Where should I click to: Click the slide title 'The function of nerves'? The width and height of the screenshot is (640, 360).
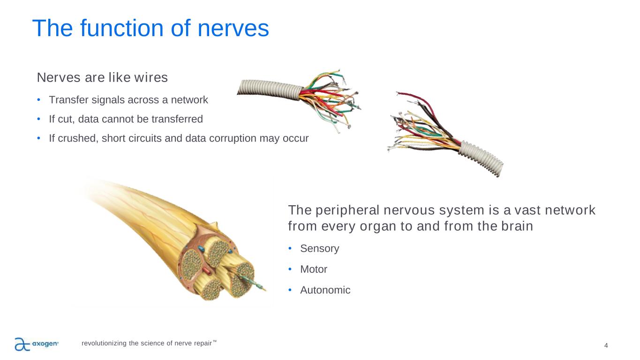coord(150,29)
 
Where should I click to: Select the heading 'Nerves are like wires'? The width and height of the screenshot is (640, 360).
coord(102,77)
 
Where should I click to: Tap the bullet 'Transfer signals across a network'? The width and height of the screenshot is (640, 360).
coord(128,100)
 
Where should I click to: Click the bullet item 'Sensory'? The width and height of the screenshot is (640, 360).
coord(319,248)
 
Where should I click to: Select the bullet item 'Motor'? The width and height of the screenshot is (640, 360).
coord(314,270)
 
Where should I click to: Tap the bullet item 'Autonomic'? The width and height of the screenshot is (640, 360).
coord(325,290)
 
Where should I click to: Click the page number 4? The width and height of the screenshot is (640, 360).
coord(606,345)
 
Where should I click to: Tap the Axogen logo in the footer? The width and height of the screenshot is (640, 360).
coord(37,344)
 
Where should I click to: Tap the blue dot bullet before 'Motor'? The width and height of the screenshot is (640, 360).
coord(290,269)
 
